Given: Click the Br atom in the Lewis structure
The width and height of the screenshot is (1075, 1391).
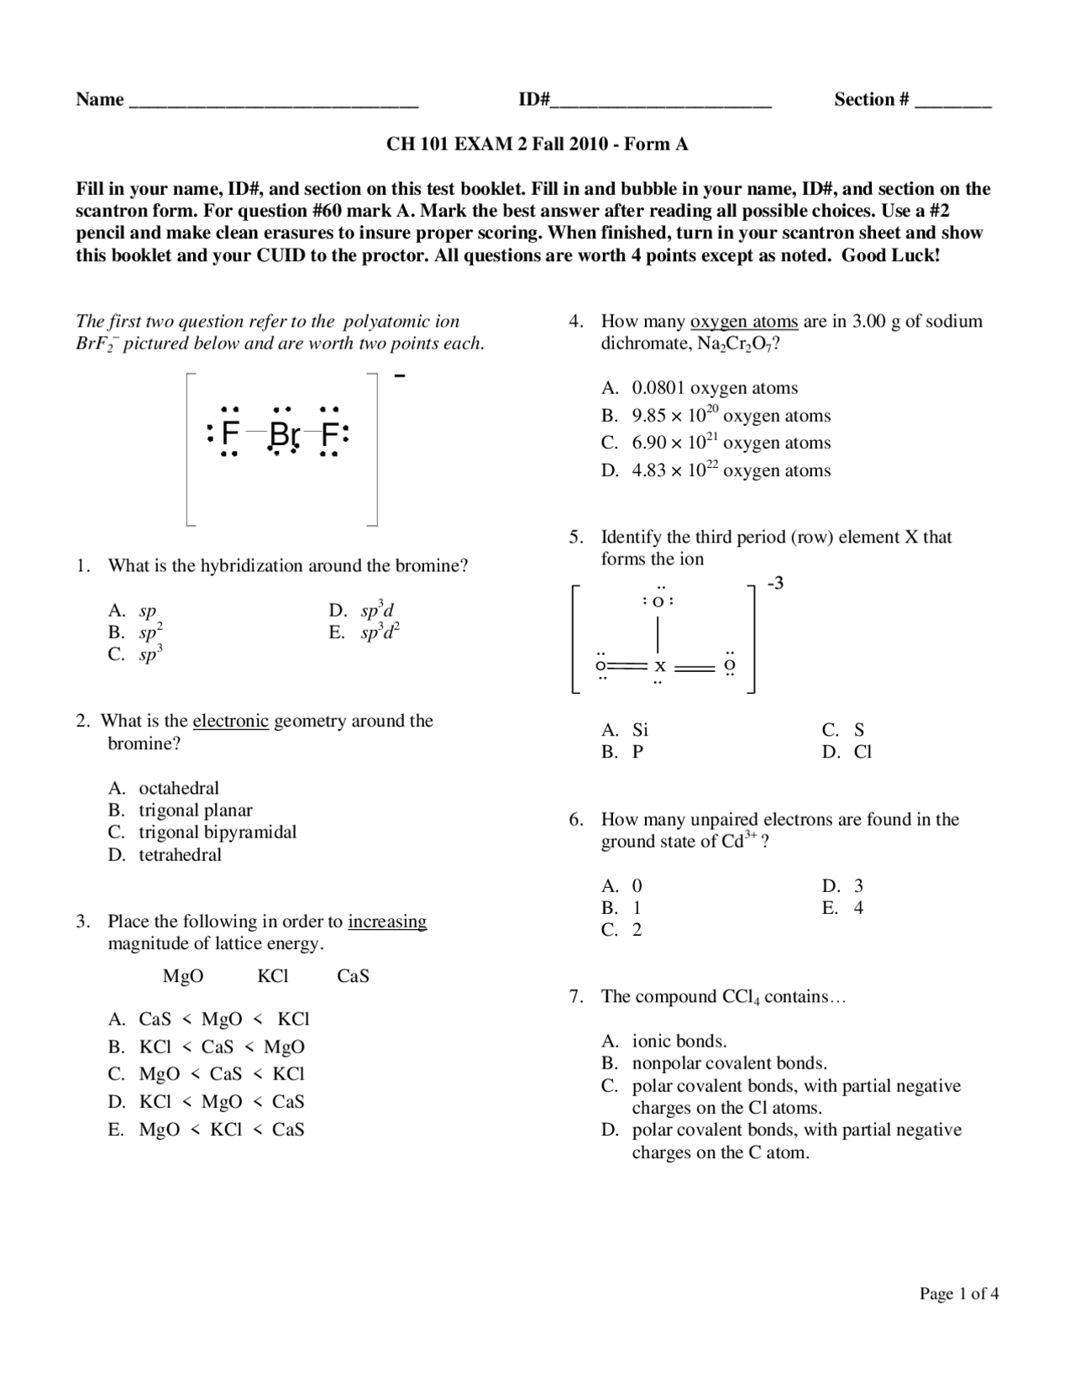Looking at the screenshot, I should click(284, 434).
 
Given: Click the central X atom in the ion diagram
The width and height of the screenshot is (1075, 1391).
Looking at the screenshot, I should click(660, 667).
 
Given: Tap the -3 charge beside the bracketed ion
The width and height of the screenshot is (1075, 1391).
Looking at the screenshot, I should click(775, 583).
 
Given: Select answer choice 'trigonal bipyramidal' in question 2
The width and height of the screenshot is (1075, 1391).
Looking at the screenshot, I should click(218, 832).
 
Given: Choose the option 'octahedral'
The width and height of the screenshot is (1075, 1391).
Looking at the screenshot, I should click(179, 788).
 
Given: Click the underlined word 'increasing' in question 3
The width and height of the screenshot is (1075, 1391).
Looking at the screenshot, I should click(387, 921).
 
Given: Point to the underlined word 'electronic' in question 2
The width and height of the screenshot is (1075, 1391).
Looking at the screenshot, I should click(231, 721).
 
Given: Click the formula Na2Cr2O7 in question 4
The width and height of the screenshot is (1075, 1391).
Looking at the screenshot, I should click(734, 344).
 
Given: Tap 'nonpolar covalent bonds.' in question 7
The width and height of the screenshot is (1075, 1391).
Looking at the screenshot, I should click(729, 1063).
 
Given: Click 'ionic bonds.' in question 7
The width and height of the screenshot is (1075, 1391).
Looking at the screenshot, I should click(679, 1042).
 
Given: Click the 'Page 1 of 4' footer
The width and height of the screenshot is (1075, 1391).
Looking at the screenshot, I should click(958, 1294).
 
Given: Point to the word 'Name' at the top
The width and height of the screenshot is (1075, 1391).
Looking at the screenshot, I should click(99, 99).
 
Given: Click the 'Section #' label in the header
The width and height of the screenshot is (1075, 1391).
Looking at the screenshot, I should click(871, 99).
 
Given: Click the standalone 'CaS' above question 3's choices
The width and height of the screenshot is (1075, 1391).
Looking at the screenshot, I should click(353, 976).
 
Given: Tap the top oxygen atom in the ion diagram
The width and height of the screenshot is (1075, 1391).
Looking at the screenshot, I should click(659, 601).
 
